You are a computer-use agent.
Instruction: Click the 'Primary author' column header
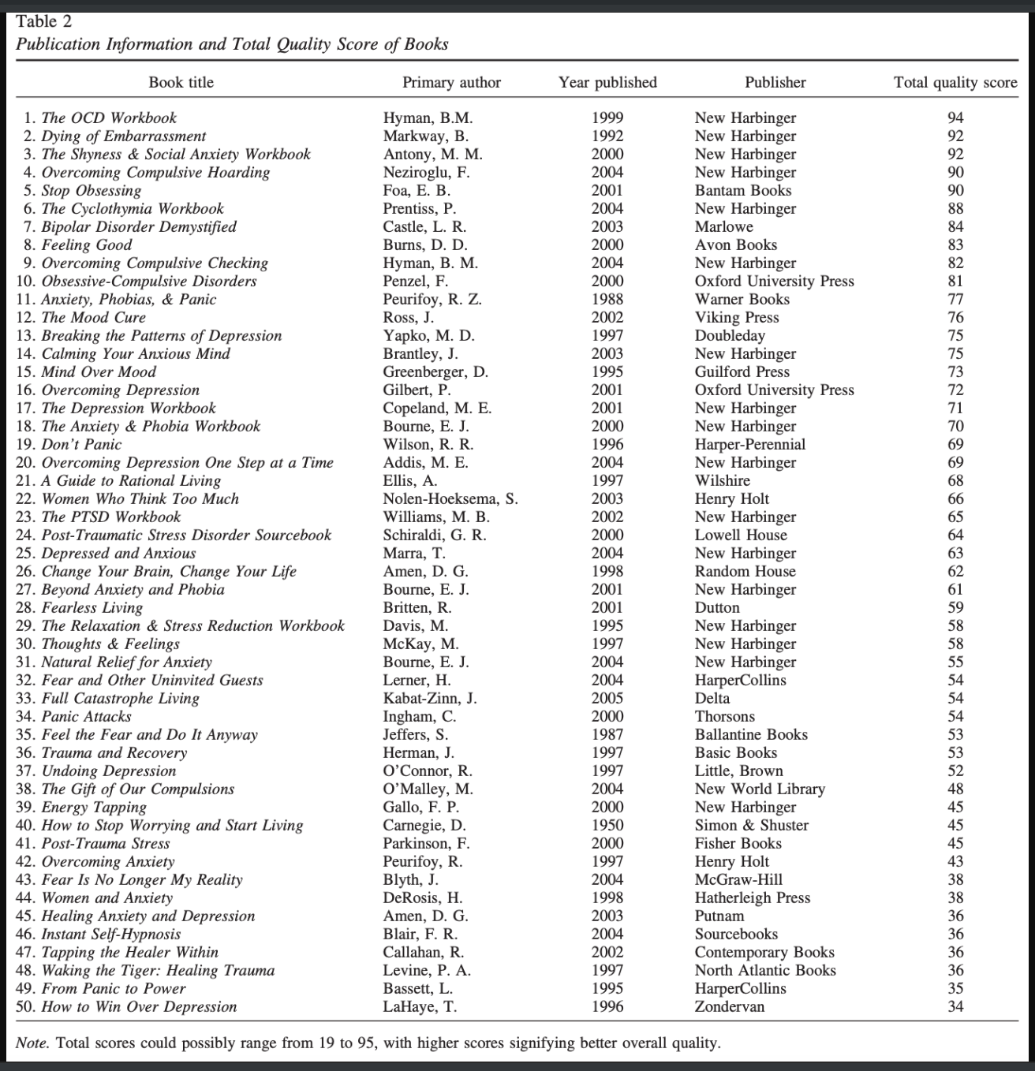point(451,83)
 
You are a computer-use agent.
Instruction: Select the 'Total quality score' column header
point(955,83)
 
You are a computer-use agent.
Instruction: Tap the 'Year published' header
point(607,83)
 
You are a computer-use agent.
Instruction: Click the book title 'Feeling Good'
point(86,245)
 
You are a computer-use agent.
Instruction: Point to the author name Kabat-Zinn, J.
point(430,699)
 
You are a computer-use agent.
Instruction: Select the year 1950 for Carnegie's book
point(607,826)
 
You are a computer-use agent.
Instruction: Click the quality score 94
point(955,118)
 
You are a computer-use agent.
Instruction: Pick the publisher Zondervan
point(729,1007)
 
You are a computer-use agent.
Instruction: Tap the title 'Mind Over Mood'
point(99,372)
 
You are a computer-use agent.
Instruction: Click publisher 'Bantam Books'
point(742,191)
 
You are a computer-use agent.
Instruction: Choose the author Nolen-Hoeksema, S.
point(450,499)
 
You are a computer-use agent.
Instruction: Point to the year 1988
point(607,300)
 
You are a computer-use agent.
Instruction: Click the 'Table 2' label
point(43,21)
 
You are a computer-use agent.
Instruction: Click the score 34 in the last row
point(955,1007)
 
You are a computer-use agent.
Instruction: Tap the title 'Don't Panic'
point(81,445)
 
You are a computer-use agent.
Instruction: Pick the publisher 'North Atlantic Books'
point(765,971)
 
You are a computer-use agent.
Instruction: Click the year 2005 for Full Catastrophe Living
point(607,699)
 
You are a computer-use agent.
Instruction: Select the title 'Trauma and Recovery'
point(114,753)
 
